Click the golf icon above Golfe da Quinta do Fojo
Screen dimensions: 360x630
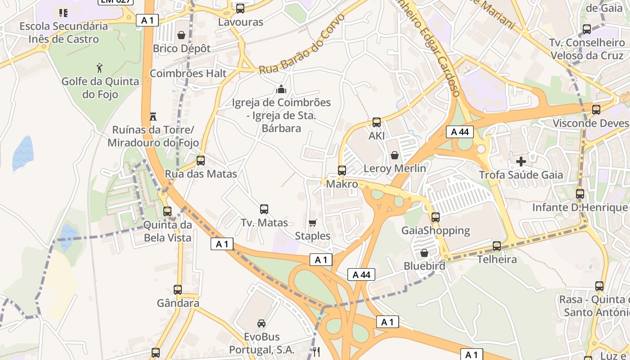(x=99, y=68)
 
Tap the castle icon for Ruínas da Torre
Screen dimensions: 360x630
(x=153, y=116)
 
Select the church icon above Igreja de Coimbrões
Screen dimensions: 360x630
(x=281, y=89)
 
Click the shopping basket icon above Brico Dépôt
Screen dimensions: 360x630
(x=181, y=35)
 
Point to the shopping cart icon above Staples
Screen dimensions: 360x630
(x=312, y=223)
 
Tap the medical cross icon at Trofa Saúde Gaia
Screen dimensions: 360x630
(x=521, y=161)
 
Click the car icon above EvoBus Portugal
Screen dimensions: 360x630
(x=261, y=323)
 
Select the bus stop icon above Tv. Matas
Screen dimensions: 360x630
(x=264, y=209)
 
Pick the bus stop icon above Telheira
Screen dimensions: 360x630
(x=497, y=246)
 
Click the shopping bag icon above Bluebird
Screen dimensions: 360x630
(x=424, y=253)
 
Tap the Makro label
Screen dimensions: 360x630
(x=342, y=184)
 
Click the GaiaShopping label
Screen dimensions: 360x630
(x=436, y=231)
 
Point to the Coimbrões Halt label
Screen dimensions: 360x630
(x=188, y=73)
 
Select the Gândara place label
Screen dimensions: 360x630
(x=178, y=303)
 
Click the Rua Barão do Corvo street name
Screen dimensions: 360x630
(x=302, y=44)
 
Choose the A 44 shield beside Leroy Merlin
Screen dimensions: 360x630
(x=460, y=132)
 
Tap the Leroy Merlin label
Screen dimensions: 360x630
(x=395, y=168)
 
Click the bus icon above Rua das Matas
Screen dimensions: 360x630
(x=201, y=161)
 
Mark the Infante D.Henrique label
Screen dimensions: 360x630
(x=580, y=207)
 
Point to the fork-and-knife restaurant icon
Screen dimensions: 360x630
(x=316, y=351)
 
